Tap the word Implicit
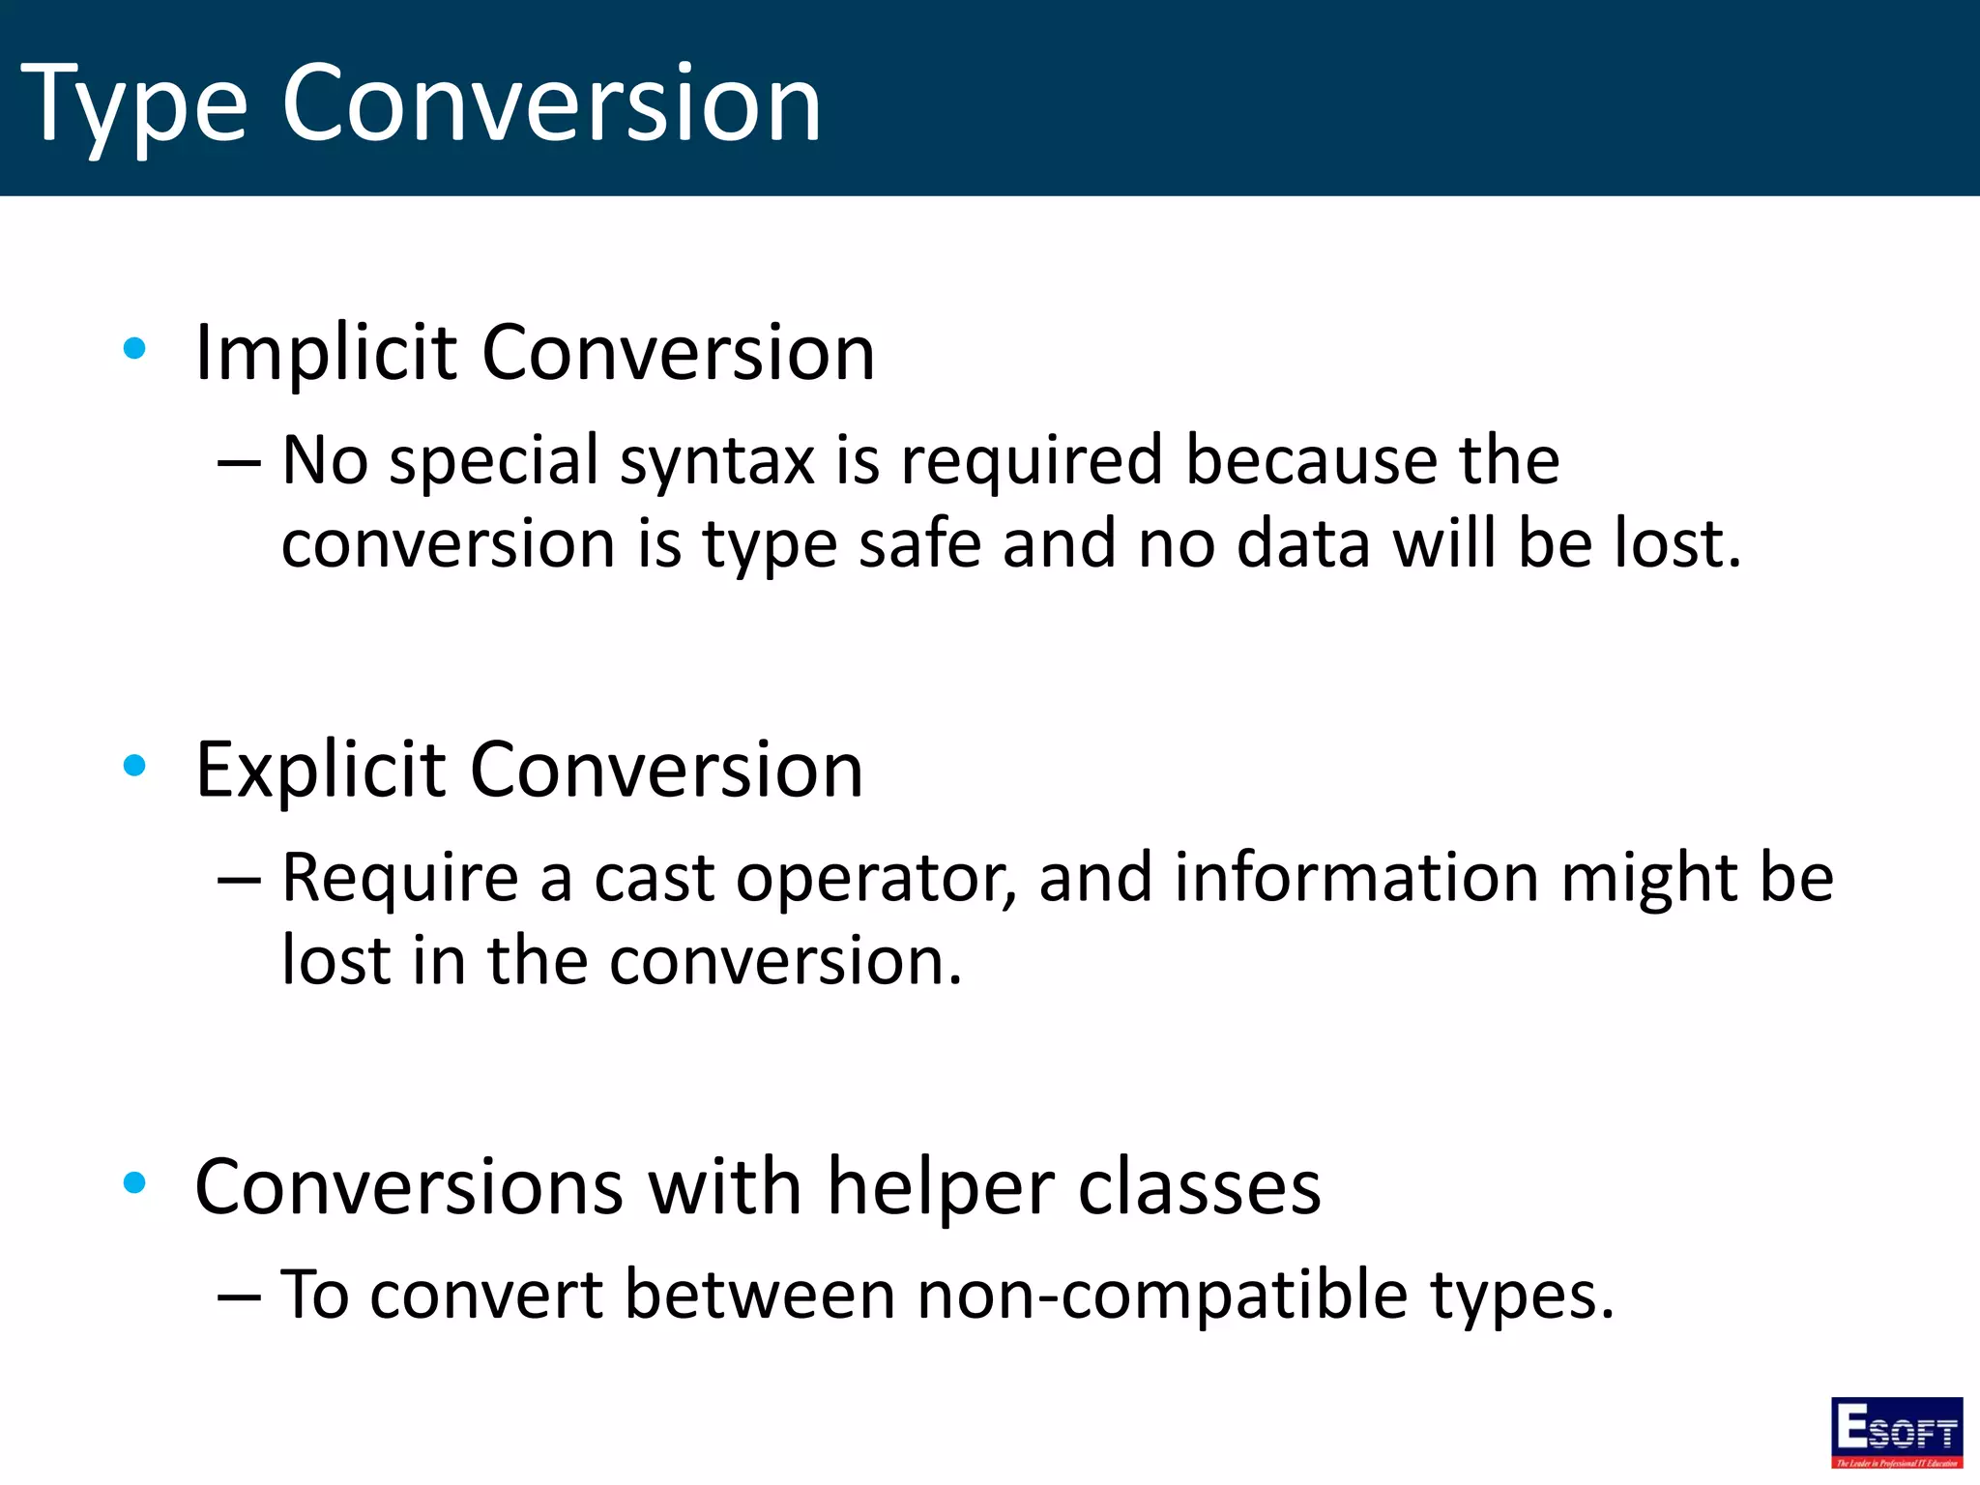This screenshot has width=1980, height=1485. click(325, 353)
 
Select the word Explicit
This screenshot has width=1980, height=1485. click(319, 771)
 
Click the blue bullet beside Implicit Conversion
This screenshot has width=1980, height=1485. click(135, 348)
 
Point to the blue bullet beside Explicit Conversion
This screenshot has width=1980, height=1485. click(135, 766)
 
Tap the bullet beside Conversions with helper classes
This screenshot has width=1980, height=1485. click(135, 1181)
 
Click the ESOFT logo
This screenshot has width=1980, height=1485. click(1896, 1432)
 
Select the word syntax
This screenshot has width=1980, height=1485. click(717, 462)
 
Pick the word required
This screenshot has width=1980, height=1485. click(1032, 460)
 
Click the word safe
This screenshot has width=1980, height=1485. click(918, 543)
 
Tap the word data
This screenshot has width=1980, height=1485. click(1303, 543)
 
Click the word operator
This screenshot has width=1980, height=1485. click(876, 880)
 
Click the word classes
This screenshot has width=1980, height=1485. click(1199, 1187)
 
